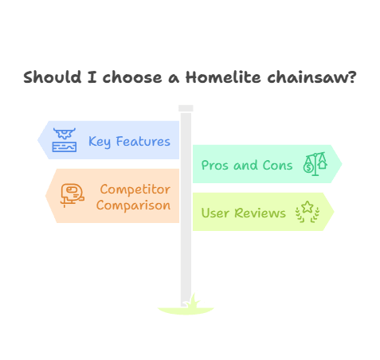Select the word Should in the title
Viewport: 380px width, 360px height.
point(49,78)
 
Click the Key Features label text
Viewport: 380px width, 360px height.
point(129,142)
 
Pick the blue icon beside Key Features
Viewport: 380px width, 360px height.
point(65,139)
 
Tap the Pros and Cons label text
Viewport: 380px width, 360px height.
point(247,166)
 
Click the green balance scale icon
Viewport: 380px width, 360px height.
point(315,165)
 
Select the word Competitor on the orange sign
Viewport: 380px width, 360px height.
point(135,190)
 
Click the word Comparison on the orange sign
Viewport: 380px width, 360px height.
point(133,205)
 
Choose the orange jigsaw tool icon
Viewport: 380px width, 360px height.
point(72,195)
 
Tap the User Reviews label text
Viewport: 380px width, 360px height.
point(243,213)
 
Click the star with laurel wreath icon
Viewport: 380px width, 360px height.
point(307,211)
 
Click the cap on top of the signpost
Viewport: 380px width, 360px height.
point(186,108)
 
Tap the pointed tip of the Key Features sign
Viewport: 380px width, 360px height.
point(40,140)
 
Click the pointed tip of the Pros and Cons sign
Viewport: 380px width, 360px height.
point(340,164)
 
